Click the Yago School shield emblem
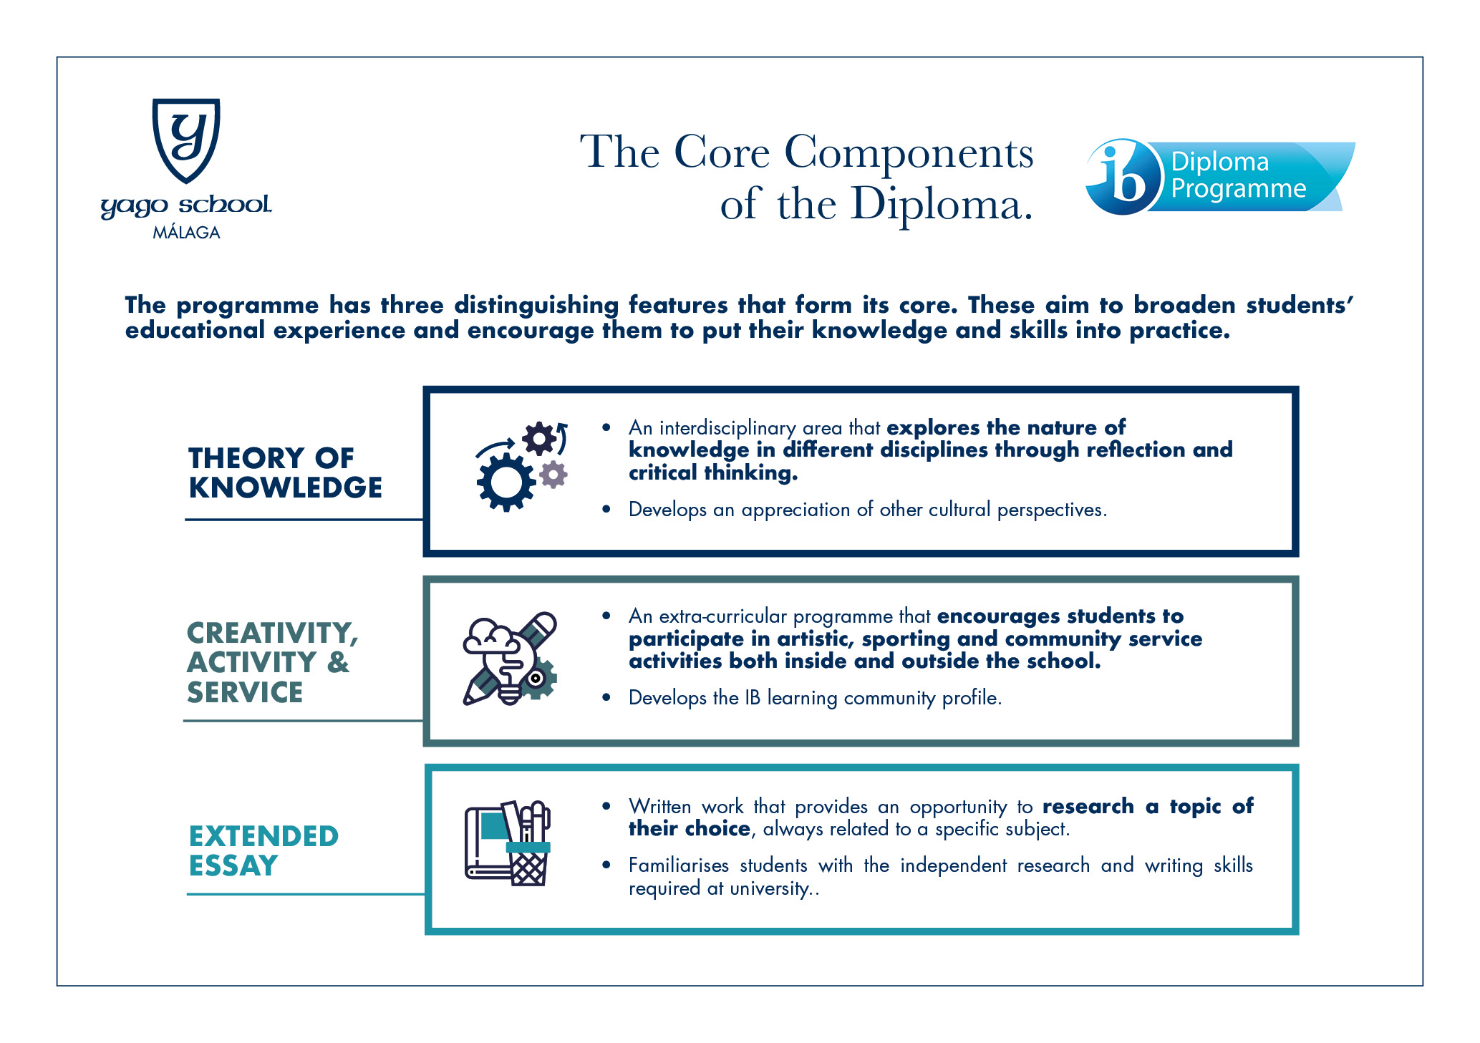pos(186,140)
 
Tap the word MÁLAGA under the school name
pos(186,233)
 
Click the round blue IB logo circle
pos(1122,178)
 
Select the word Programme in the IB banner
pos(1238,189)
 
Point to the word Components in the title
pos(909,152)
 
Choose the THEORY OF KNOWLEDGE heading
pos(285,472)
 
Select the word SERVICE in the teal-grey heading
pos(245,693)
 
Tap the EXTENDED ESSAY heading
pos(263,850)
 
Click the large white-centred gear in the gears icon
pos(506,482)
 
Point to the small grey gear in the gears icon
pos(553,474)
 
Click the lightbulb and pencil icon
pos(510,659)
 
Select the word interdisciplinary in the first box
pos(727,428)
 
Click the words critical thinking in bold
pos(713,473)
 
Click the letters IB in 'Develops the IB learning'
pos(752,698)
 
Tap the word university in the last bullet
pos(770,889)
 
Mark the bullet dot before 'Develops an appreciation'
pos(606,510)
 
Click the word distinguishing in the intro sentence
pos(536,306)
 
